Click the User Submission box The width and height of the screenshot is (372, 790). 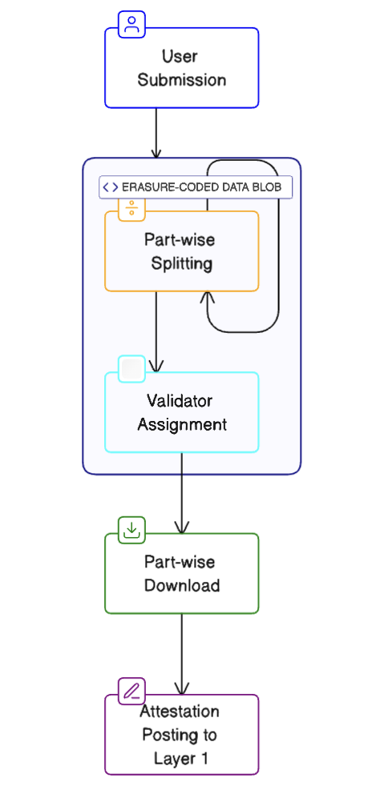point(182,68)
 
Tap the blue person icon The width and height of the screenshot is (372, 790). point(131,24)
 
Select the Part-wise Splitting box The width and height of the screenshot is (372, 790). point(182,251)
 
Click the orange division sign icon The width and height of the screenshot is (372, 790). point(131,207)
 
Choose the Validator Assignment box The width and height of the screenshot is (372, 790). point(182,412)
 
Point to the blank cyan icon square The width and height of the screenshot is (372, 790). point(131,369)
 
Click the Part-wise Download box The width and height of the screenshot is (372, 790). point(182,573)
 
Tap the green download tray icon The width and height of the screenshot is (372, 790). point(131,530)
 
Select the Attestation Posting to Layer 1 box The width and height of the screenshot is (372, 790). point(182,735)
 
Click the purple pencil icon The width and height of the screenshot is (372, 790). point(131,692)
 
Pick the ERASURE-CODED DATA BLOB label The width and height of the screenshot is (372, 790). point(196,187)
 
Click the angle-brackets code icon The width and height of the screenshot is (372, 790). point(110,187)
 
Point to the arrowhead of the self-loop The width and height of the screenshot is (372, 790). point(208,297)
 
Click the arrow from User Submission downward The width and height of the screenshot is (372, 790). point(156,133)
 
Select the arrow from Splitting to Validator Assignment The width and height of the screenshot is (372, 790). point(156,331)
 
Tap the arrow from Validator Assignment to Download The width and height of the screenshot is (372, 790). point(182,493)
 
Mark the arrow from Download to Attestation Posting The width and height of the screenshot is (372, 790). point(182,654)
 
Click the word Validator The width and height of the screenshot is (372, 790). point(180,401)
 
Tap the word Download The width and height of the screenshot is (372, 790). point(182,585)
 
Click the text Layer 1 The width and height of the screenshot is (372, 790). point(181,758)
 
